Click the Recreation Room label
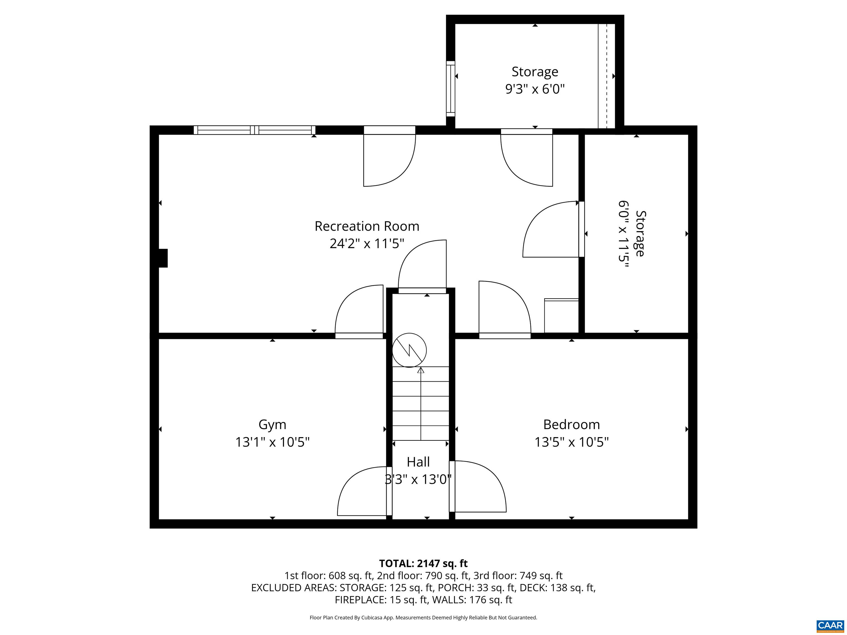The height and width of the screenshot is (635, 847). coord(366,226)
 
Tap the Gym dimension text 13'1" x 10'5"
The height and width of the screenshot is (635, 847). coord(272,442)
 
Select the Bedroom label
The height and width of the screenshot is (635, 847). coord(571,424)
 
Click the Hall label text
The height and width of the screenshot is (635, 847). coord(418,462)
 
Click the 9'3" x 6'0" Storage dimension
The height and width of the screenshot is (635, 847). coord(535,89)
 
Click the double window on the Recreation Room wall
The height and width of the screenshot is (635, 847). coord(254,130)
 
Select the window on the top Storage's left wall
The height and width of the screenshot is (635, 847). coord(450,88)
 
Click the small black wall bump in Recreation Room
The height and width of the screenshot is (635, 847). coord(163,258)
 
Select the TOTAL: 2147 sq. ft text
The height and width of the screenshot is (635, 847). coord(423,563)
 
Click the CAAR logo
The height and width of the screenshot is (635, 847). coord(830,625)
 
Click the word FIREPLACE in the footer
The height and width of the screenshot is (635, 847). coord(360,600)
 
